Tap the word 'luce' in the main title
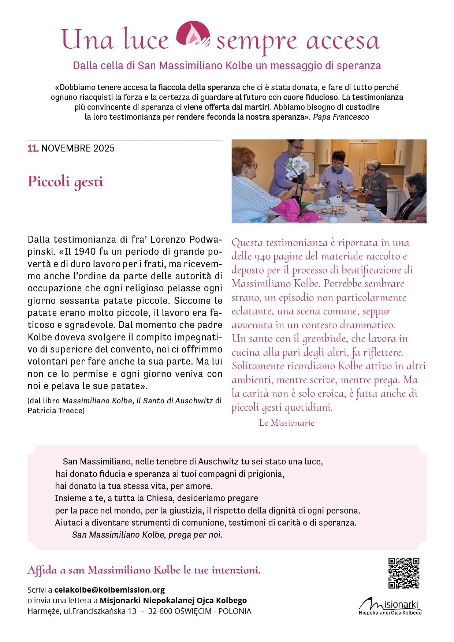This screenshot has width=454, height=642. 145,40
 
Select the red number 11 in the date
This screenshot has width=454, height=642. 33,148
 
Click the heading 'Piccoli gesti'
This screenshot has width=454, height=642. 66,182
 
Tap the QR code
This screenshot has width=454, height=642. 403,573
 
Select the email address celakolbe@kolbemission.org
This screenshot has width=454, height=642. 109,590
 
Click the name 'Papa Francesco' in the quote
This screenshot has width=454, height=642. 341,117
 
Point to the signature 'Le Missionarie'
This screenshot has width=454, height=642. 287,423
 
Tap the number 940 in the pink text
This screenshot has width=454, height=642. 263,257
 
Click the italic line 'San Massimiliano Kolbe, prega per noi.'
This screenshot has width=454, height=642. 147,535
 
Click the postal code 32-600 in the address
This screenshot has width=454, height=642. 160,611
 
